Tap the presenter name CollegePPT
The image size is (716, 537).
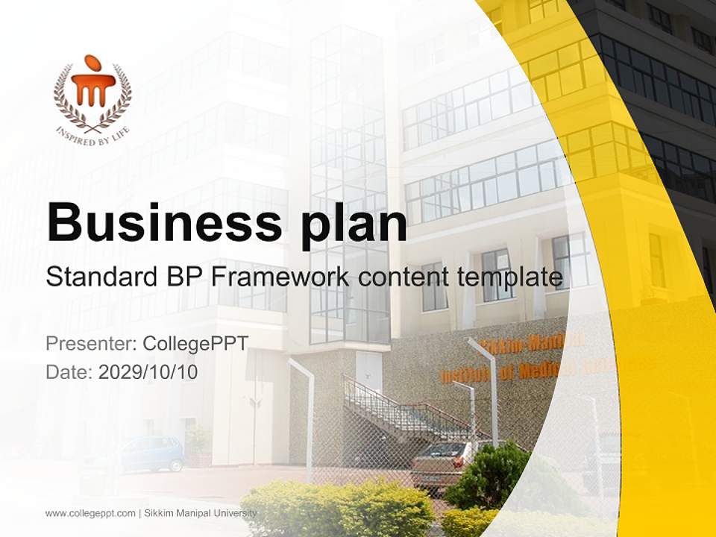coord(195,344)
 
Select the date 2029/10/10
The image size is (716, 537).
coord(148,372)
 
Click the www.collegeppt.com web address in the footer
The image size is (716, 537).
coord(90,513)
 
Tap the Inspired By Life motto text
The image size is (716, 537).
coord(92,135)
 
